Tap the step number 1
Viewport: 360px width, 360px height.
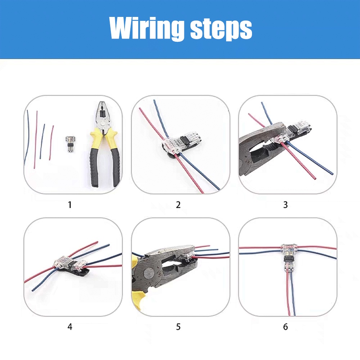click(x=70, y=205)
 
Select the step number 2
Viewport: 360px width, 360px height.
click(x=178, y=205)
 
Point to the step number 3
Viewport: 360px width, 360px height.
click(x=285, y=205)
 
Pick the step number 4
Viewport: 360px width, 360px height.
click(x=70, y=327)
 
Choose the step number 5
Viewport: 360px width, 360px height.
click(x=178, y=327)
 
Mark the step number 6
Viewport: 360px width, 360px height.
click(x=285, y=327)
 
